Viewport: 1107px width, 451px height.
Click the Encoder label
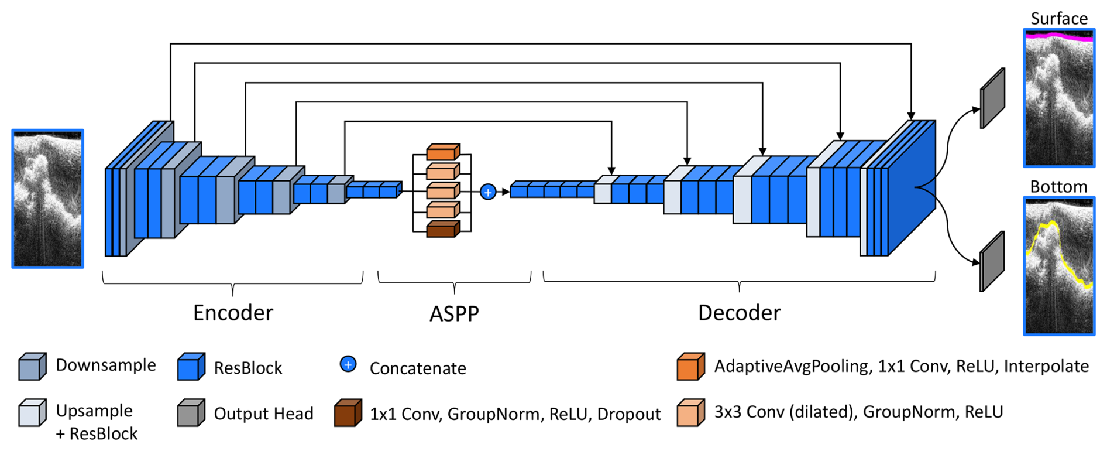point(233,313)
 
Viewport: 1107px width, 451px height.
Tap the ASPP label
point(454,314)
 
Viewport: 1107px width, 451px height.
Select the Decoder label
point(739,313)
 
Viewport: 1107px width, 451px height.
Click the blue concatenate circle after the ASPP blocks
point(488,192)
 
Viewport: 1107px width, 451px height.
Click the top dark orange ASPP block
point(442,152)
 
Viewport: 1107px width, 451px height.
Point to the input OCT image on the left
point(48,199)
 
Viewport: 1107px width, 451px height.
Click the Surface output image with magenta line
point(1058,98)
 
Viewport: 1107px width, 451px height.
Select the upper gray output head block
point(992,98)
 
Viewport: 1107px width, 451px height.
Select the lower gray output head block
point(992,261)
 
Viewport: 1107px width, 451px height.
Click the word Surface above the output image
point(1058,19)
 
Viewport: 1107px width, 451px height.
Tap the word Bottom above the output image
point(1058,187)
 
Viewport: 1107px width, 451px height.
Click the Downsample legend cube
point(32,367)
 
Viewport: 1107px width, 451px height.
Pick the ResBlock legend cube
point(191,367)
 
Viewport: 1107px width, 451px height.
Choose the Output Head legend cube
point(191,413)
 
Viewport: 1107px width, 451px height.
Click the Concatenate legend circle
point(348,364)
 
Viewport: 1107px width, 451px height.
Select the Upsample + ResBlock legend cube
point(32,413)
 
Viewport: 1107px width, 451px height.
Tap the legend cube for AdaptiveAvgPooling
point(690,367)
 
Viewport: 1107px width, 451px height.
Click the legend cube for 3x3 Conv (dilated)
point(690,413)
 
